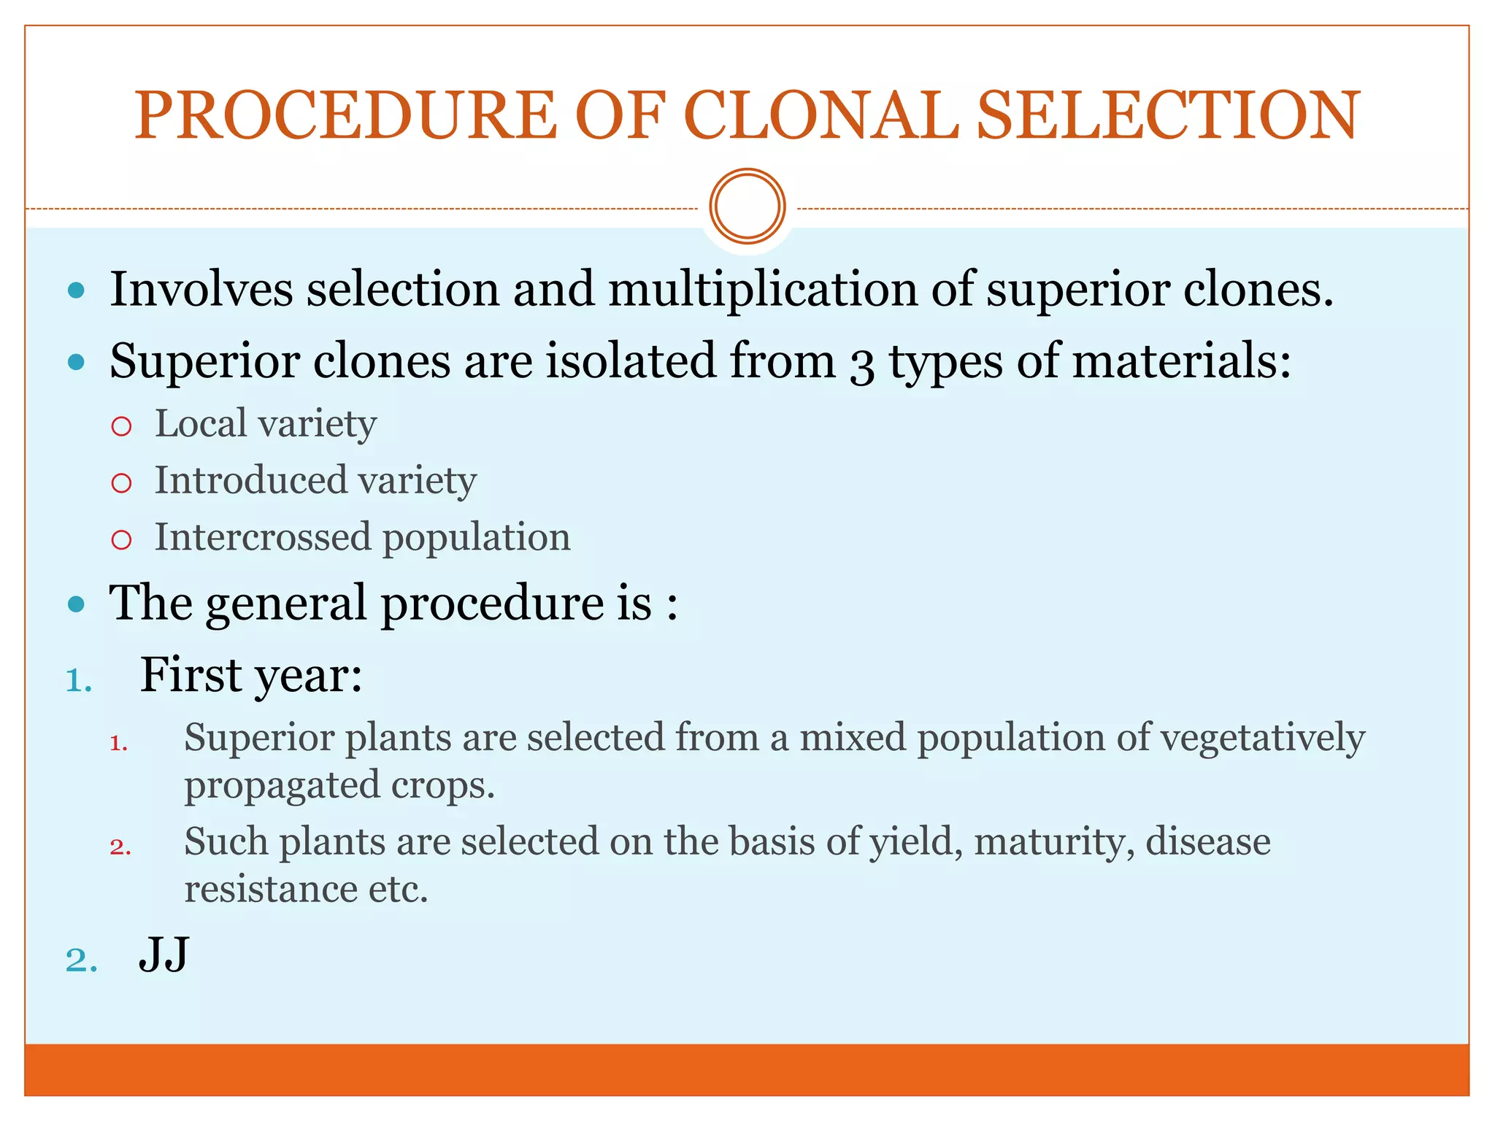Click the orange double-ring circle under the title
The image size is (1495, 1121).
pos(747,207)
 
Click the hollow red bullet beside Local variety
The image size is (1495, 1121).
pos(121,426)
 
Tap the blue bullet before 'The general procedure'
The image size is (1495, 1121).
pos(76,604)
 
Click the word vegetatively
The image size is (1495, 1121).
pos(1262,739)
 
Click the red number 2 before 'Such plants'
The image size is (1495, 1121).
pos(120,847)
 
